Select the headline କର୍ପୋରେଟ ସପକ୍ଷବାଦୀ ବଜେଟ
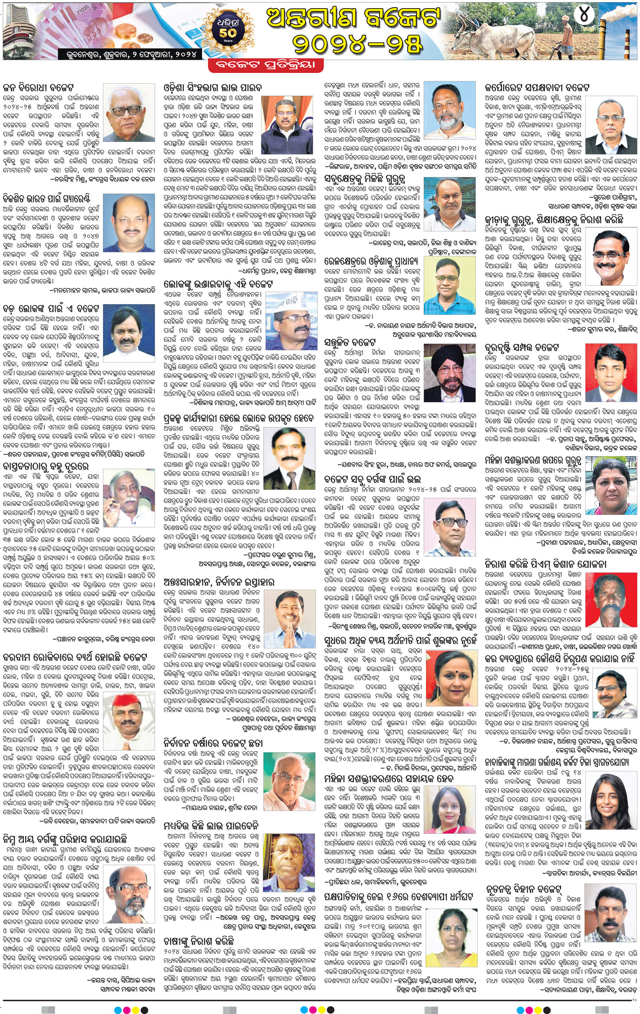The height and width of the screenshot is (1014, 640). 543,87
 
